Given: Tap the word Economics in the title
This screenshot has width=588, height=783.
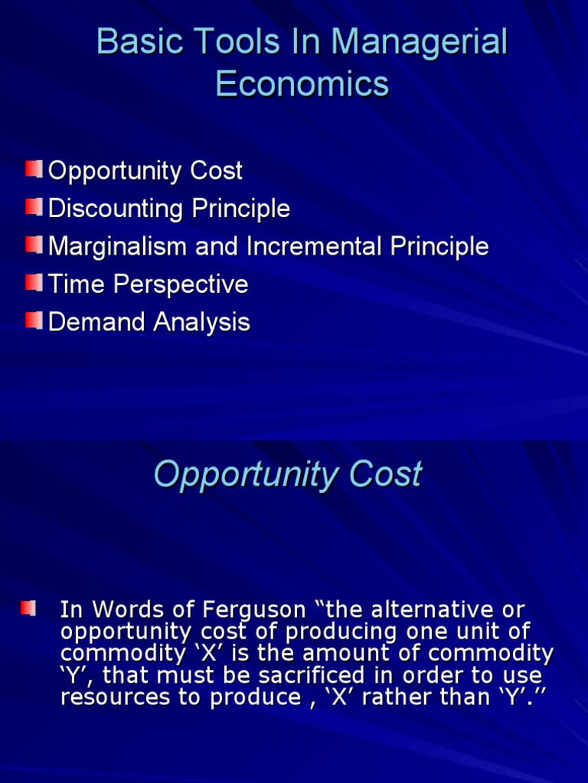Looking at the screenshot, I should point(302,83).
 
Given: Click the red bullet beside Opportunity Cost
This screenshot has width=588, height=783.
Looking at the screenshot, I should point(33,169).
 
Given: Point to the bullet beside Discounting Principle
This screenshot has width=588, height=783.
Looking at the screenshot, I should point(33,206).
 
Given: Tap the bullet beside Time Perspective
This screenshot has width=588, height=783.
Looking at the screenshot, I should point(33,283).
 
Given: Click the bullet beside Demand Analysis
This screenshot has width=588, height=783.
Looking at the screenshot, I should point(33,320).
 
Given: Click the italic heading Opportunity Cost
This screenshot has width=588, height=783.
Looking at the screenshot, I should point(287,474).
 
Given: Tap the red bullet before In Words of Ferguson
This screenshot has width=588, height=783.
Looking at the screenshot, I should point(28,609).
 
